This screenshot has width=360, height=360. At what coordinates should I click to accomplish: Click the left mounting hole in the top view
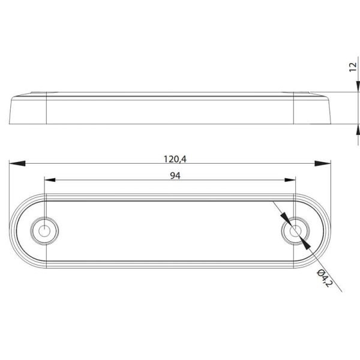(44, 229)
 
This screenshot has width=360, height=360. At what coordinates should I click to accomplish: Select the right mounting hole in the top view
(295, 230)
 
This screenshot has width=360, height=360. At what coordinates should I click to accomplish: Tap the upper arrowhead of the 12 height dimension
(358, 88)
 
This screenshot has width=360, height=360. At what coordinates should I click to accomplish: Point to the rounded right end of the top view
(325, 230)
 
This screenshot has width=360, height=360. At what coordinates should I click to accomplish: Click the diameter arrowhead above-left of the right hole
(286, 220)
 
